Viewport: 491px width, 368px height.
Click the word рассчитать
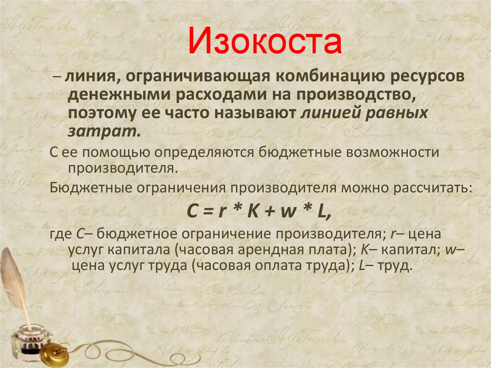click(431, 187)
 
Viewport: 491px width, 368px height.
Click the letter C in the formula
click(190, 211)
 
